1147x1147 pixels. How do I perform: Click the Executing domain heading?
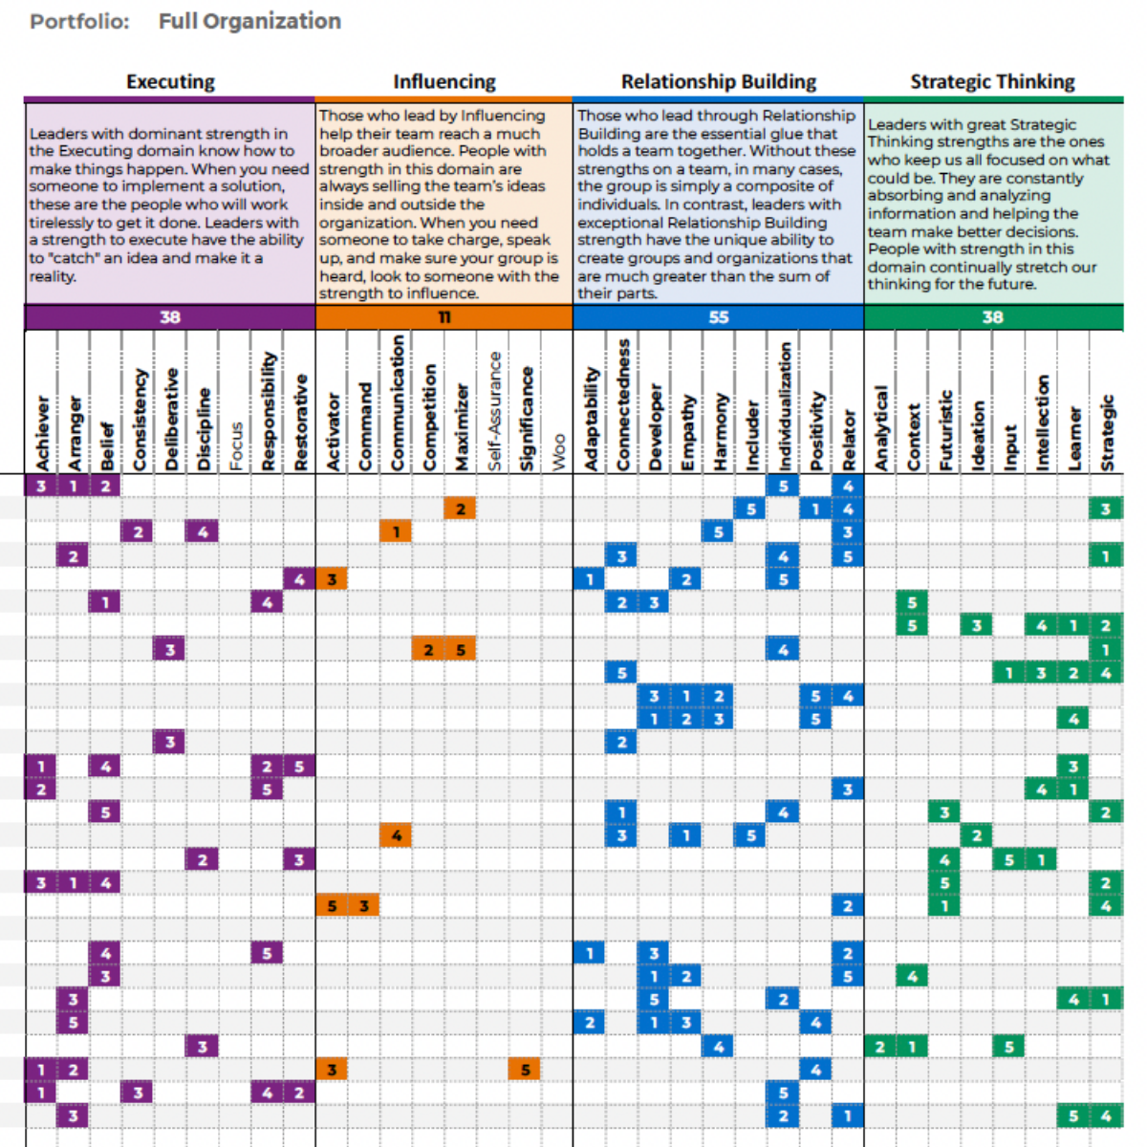click(x=170, y=81)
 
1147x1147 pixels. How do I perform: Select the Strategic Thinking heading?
click(x=992, y=81)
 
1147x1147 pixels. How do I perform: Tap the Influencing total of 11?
click(x=444, y=317)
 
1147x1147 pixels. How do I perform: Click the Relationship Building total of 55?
click(x=719, y=317)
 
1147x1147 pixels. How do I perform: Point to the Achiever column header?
click(x=42, y=433)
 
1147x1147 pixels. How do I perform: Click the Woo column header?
click(x=558, y=452)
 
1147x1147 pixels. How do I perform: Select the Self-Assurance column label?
click(x=494, y=411)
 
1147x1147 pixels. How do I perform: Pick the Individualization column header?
click(x=784, y=406)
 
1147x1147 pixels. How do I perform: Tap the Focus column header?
click(x=236, y=446)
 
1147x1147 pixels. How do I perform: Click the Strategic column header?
click(x=1107, y=433)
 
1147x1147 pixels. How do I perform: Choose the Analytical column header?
click(x=880, y=428)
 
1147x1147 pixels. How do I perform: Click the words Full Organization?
click(x=250, y=21)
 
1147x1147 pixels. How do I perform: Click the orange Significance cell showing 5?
click(x=525, y=1070)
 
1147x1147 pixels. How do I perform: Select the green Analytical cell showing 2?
click(x=879, y=1047)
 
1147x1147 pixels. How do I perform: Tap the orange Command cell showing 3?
click(x=363, y=906)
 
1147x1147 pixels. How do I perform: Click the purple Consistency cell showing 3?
click(x=138, y=1093)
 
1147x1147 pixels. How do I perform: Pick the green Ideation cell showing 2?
click(x=976, y=835)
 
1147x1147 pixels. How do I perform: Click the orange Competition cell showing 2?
click(x=428, y=649)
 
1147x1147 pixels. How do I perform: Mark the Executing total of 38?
click(x=169, y=317)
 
